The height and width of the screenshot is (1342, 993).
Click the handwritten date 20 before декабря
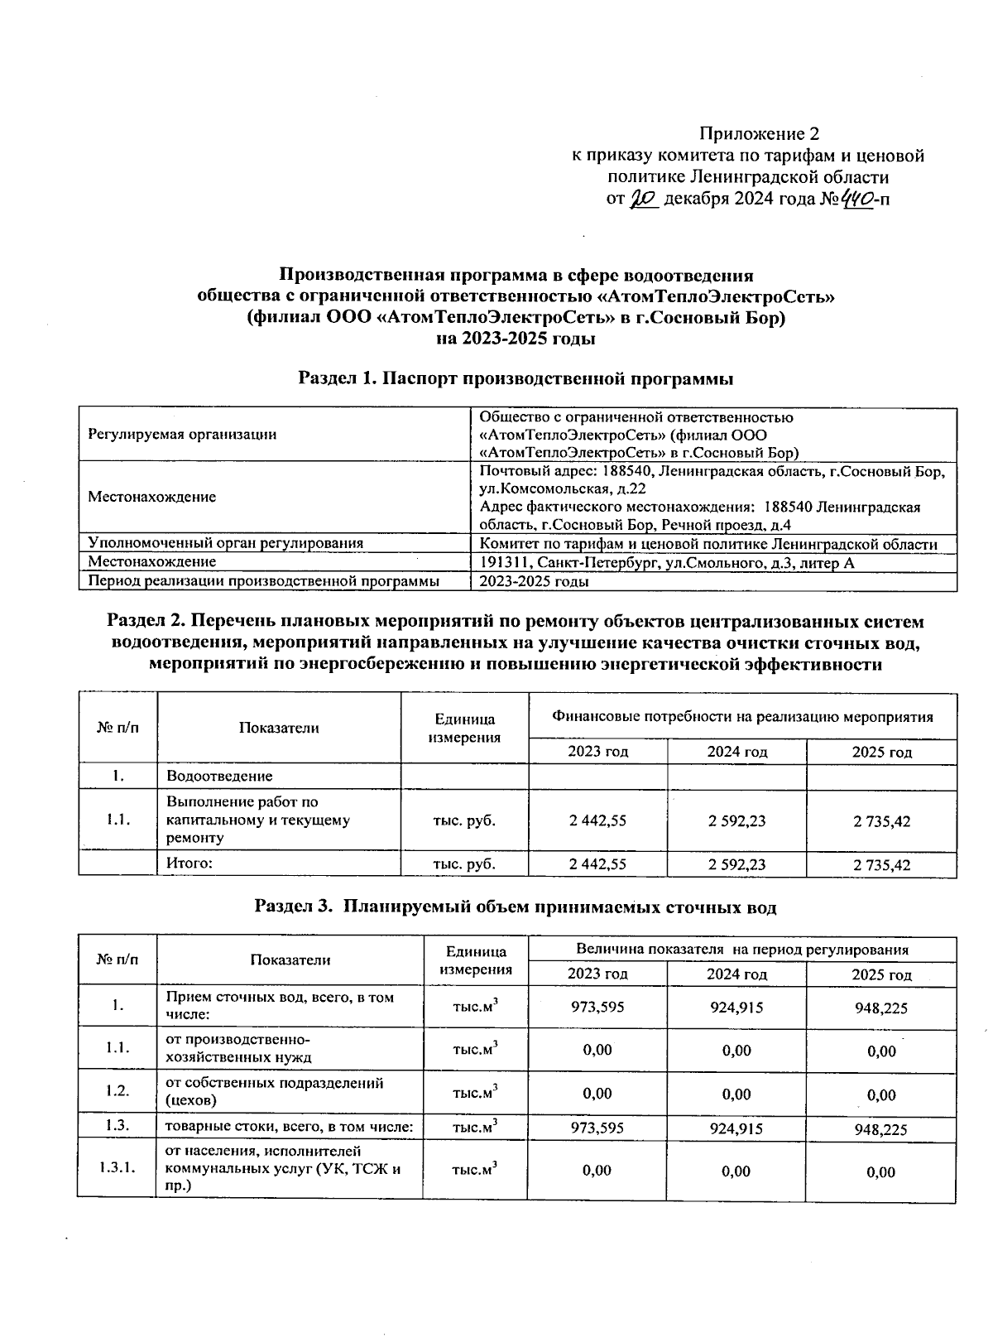[x=643, y=199]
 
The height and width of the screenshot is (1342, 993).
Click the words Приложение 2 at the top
[x=759, y=133]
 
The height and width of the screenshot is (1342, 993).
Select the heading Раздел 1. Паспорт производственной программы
[x=516, y=379]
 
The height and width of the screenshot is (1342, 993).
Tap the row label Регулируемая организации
[x=182, y=434]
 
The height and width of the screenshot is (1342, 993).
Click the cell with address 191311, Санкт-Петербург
[x=667, y=563]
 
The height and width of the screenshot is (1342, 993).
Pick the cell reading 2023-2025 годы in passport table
[x=535, y=581]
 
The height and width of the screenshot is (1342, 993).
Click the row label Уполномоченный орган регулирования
[x=226, y=543]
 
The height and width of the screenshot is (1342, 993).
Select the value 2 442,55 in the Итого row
[x=597, y=864]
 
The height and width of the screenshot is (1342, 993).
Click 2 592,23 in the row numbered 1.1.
[x=736, y=820]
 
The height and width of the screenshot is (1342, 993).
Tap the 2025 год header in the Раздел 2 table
[x=881, y=752]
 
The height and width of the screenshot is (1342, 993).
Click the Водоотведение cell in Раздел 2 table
[x=219, y=776]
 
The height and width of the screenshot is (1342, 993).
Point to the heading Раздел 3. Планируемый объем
[x=516, y=907]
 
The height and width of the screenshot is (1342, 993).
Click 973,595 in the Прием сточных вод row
[x=597, y=1007]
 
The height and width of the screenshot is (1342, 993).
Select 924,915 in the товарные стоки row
[x=736, y=1128]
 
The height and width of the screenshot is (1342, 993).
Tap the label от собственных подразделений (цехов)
[x=274, y=1091]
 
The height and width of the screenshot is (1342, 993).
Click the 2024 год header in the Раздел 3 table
[x=736, y=974]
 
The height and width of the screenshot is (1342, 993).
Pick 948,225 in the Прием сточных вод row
[x=881, y=1008]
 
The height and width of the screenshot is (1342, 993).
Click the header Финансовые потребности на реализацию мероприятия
[x=742, y=717]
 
